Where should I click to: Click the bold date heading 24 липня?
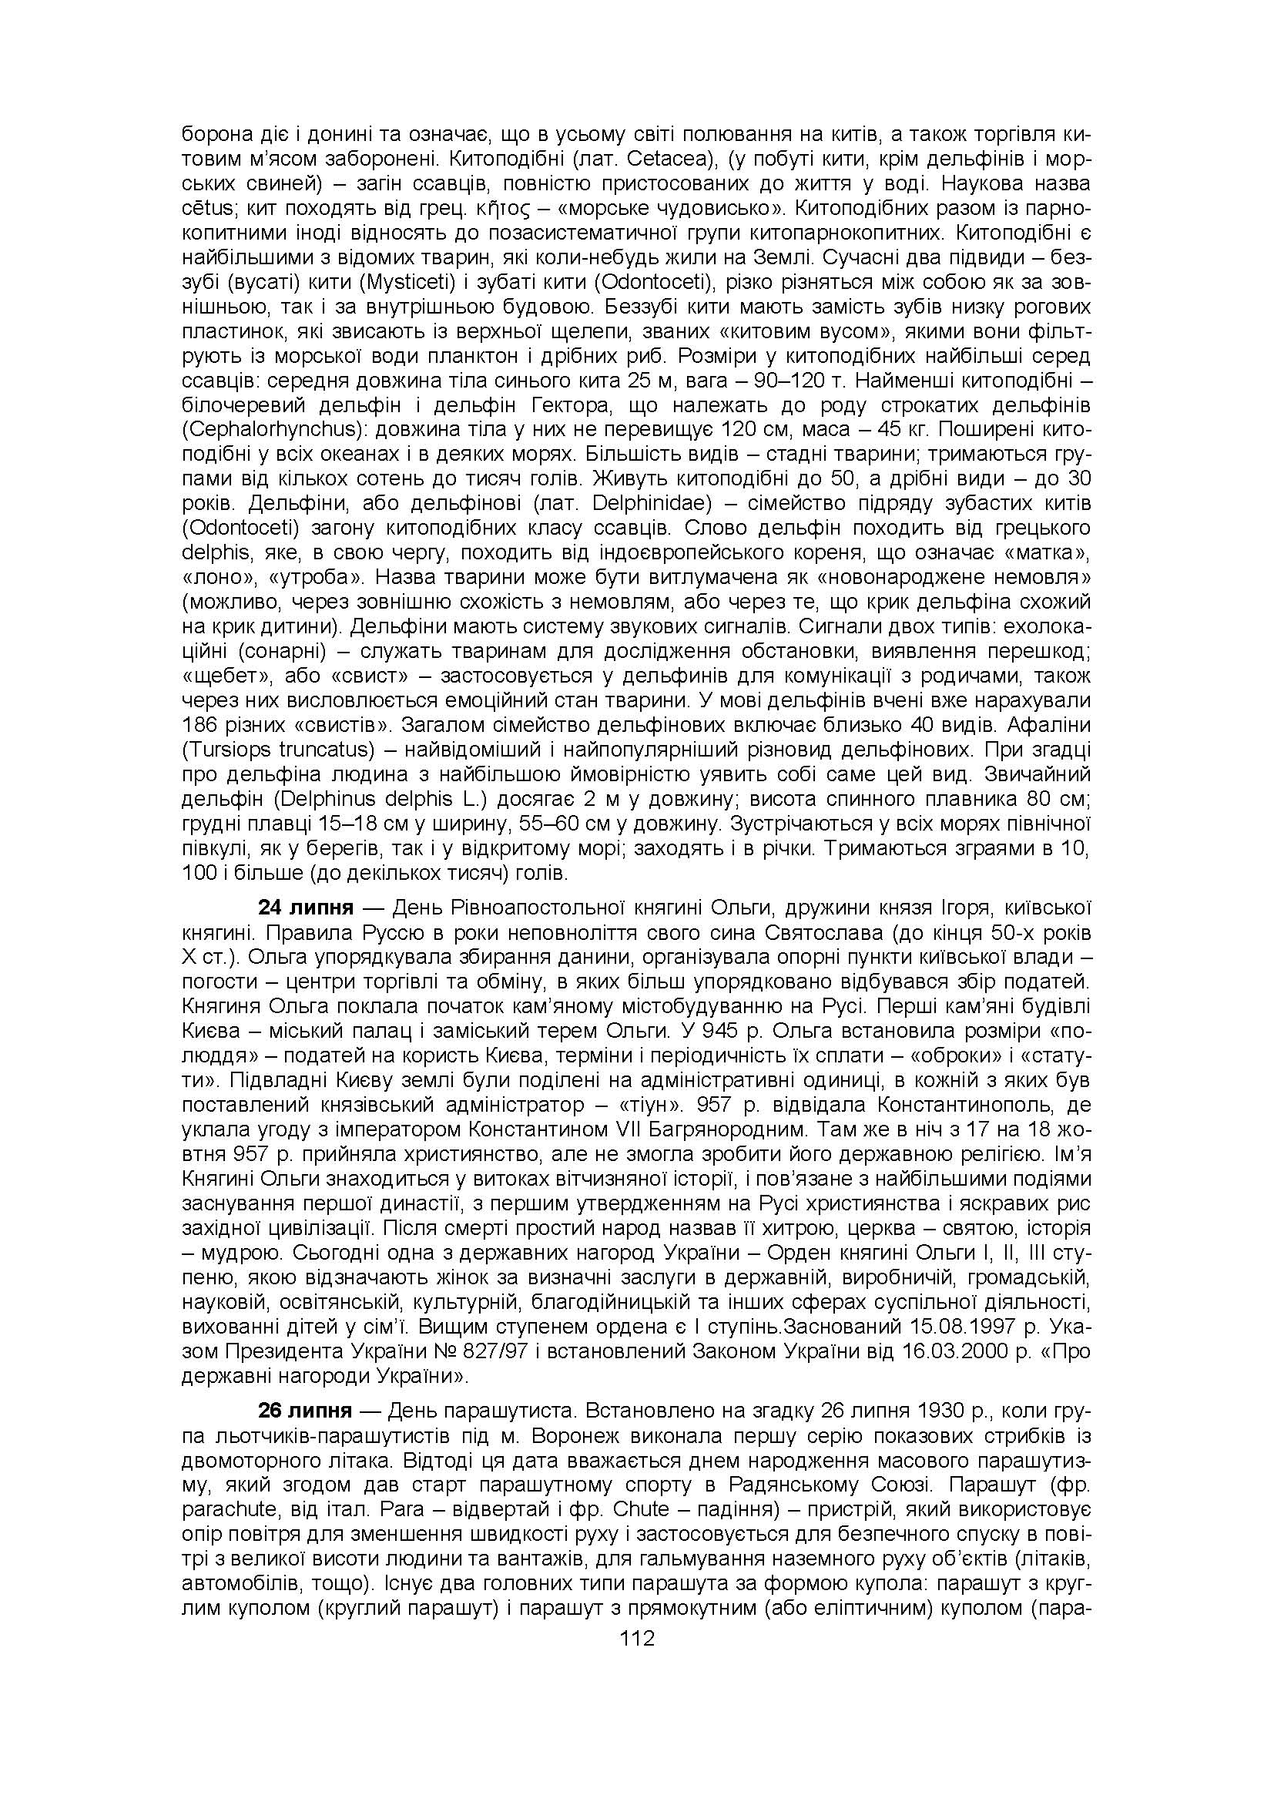tap(306, 908)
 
